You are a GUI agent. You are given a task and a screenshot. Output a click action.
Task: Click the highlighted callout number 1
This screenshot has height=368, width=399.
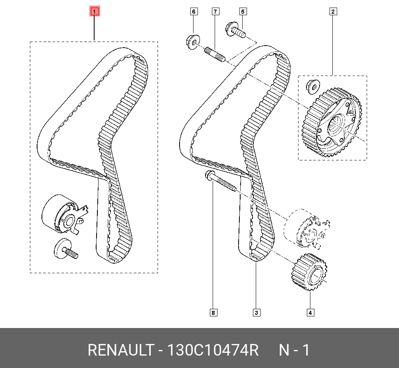pos(95,11)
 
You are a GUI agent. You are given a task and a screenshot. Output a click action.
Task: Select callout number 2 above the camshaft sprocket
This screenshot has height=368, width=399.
pos(333,12)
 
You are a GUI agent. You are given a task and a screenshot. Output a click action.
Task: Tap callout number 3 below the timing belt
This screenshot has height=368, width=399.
pos(257,313)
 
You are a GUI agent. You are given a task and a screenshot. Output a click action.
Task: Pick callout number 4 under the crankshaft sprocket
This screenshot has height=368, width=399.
pos(310,313)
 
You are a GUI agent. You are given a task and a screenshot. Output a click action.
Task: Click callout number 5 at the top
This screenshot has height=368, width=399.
pos(243,12)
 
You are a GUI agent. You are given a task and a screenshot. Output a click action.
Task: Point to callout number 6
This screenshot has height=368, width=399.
pos(194,12)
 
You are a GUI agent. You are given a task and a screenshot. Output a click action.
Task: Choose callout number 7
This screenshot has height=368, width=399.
pos(215,12)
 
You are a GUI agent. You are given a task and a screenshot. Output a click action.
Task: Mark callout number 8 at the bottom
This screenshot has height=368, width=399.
pos(213,313)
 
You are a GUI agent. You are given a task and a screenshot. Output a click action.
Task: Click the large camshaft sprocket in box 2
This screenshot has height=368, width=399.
pos(332,122)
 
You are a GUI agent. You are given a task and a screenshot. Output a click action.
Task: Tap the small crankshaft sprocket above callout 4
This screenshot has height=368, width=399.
pos(309,272)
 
